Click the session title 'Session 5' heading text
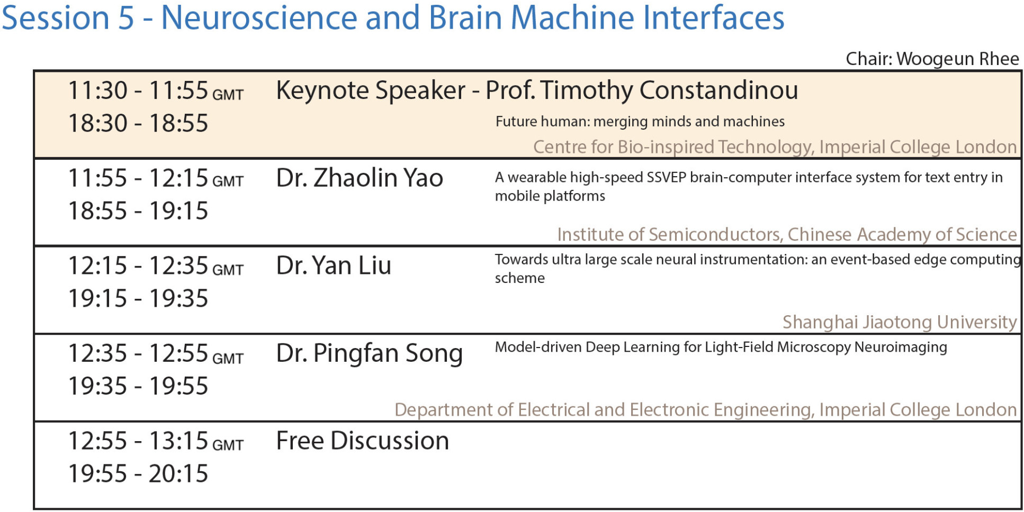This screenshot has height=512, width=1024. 68,17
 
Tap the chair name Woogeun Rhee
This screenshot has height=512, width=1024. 958,59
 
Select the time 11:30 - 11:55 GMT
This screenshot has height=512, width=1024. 156,90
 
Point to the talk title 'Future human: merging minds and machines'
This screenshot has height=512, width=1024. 640,122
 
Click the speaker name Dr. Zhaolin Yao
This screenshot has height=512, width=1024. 360,178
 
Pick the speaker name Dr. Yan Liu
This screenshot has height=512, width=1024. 334,266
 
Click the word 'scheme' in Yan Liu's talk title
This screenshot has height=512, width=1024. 519,278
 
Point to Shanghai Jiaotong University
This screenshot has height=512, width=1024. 900,322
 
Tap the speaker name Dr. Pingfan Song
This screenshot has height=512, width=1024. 370,353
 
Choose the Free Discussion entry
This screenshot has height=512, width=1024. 363,441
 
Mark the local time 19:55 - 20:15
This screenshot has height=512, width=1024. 138,473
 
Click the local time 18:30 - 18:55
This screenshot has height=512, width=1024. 138,123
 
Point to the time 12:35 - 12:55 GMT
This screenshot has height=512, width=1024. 156,353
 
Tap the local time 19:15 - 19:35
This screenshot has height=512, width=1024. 138,298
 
